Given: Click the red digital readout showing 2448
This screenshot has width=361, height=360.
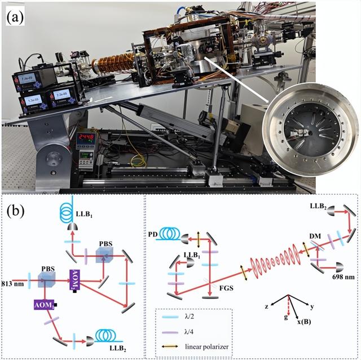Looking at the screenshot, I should click(86, 137).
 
